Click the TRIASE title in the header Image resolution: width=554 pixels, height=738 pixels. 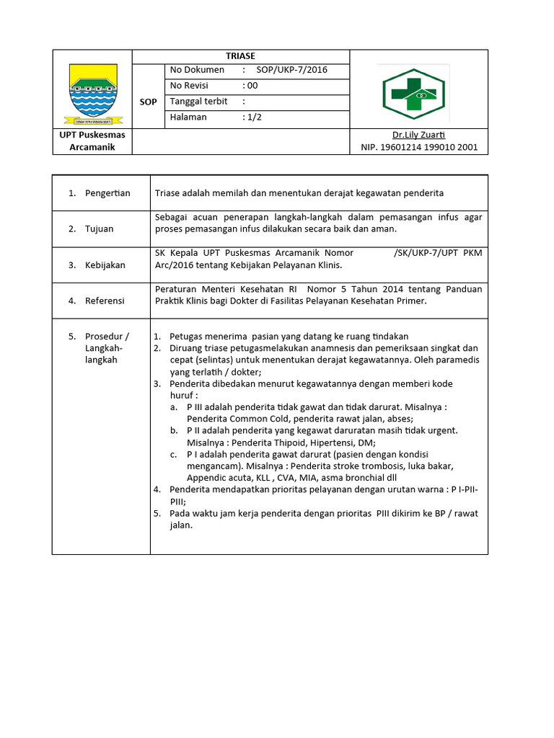click(x=241, y=56)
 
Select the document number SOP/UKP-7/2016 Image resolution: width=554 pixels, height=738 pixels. click(x=292, y=70)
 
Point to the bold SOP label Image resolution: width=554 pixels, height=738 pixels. click(x=148, y=102)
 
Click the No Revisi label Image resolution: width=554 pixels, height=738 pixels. click(x=189, y=86)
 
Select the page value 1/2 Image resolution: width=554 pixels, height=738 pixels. click(x=253, y=117)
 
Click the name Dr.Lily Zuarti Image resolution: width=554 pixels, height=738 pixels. click(x=418, y=135)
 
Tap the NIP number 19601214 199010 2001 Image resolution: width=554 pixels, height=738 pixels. click(x=419, y=148)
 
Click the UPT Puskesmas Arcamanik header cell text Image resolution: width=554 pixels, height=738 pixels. click(x=92, y=141)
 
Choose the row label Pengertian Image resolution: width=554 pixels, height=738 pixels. click(x=107, y=193)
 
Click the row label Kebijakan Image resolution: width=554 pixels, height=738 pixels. click(x=105, y=265)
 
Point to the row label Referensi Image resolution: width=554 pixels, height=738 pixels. click(x=105, y=301)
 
